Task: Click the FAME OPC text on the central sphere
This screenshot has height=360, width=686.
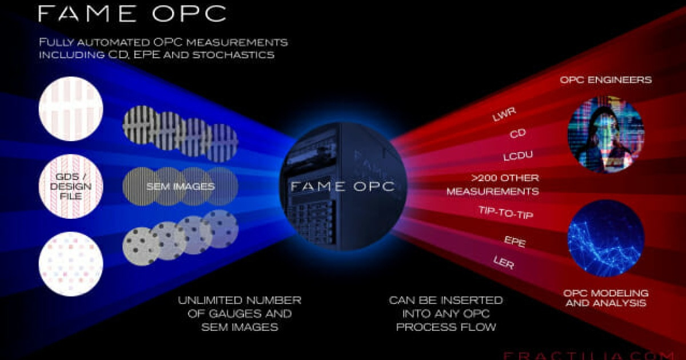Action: (x=342, y=186)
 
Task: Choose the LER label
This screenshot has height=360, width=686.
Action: (x=503, y=263)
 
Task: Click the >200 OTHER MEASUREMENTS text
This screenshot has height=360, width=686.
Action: (x=493, y=185)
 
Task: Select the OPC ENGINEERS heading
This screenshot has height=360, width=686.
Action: (x=605, y=80)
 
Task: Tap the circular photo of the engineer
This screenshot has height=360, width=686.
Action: (x=605, y=134)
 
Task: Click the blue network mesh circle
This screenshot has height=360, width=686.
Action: (x=605, y=238)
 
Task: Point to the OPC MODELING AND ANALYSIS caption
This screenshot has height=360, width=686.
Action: (x=605, y=298)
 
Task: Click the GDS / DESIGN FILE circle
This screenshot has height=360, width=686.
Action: (x=71, y=187)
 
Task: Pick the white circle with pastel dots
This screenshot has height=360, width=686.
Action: (x=71, y=264)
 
